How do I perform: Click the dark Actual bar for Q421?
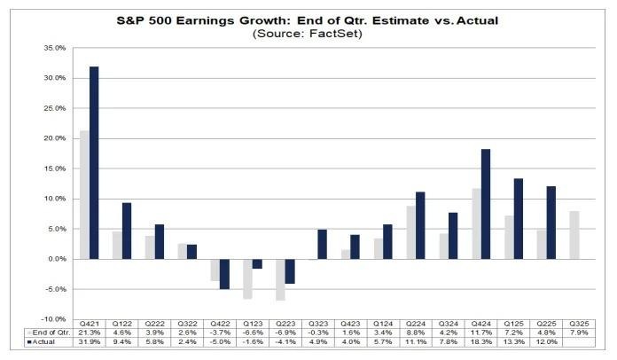[x=93, y=162]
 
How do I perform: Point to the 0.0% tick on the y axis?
[x=57, y=258]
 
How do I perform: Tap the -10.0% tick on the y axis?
[x=55, y=318]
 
